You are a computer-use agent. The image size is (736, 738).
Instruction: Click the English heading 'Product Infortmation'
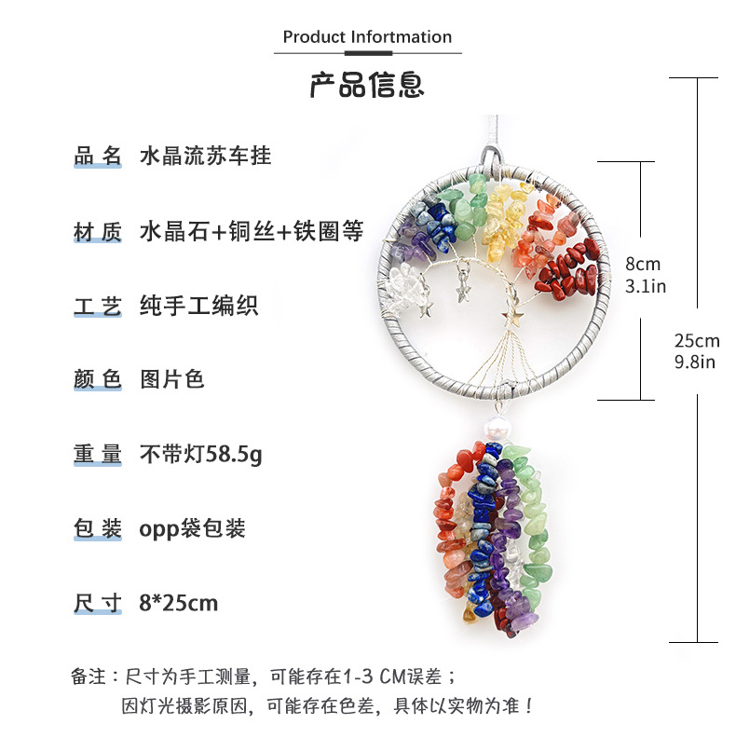(367, 37)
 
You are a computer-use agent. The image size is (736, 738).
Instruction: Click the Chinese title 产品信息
(367, 84)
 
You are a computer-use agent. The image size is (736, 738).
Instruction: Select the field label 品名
(98, 156)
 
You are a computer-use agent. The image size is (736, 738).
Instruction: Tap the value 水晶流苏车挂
(205, 156)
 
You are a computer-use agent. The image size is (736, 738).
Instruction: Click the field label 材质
(98, 230)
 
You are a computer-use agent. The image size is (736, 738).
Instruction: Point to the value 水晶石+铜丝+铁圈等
(251, 230)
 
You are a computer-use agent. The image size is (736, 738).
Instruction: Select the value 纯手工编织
(198, 305)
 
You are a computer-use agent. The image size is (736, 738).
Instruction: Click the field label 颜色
(98, 379)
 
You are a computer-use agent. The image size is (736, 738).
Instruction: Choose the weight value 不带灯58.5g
(201, 455)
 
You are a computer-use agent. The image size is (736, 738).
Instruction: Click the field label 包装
(98, 528)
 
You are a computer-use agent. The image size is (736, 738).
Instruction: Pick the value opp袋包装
(192, 528)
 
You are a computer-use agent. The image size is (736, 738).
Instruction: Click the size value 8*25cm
(178, 603)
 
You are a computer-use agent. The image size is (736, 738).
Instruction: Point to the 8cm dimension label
(643, 265)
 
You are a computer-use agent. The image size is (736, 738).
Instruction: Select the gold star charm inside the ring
(510, 317)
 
